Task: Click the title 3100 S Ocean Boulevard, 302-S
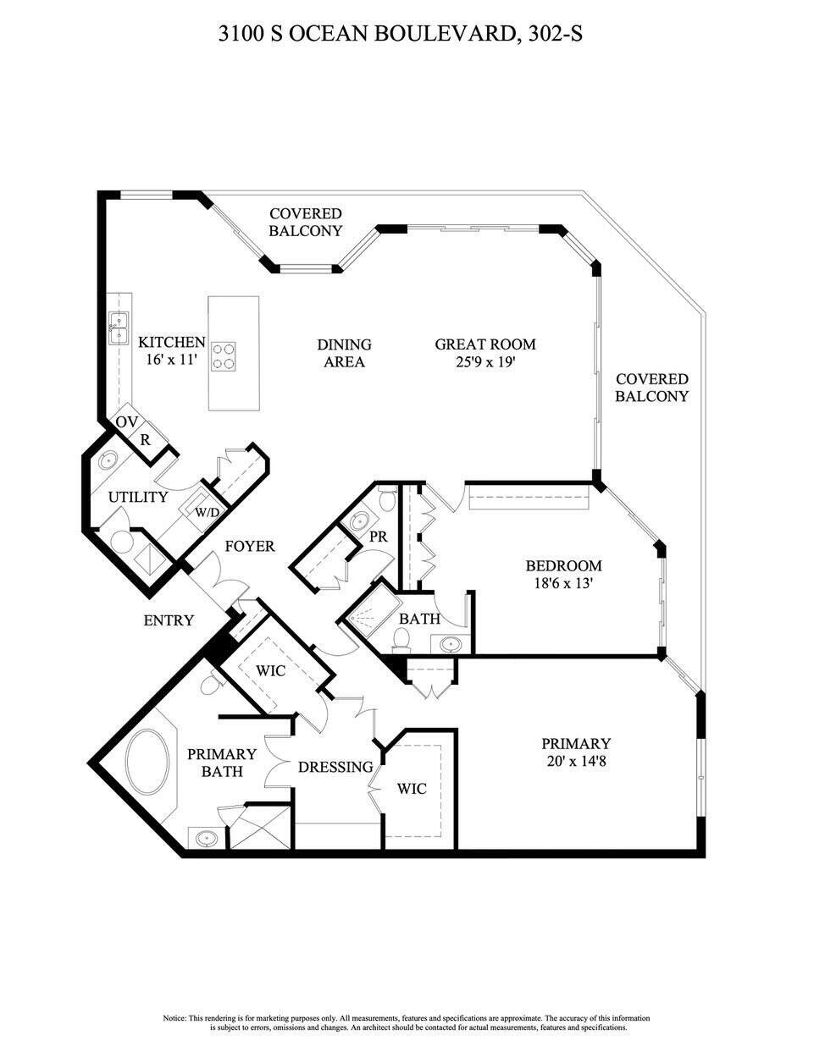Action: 401,35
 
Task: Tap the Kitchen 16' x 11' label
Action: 171,351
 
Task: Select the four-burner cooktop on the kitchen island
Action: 224,355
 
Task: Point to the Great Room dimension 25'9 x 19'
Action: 485,362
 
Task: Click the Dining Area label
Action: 344,353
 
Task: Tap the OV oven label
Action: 126,422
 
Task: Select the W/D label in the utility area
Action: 207,513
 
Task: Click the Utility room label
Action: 137,497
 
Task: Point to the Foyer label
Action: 249,546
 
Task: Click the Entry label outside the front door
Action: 169,620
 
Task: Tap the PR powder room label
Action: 378,537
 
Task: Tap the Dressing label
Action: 335,767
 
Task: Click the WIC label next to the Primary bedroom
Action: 412,789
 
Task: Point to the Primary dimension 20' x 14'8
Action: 576,761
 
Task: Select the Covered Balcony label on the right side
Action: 651,388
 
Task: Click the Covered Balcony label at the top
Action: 305,222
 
